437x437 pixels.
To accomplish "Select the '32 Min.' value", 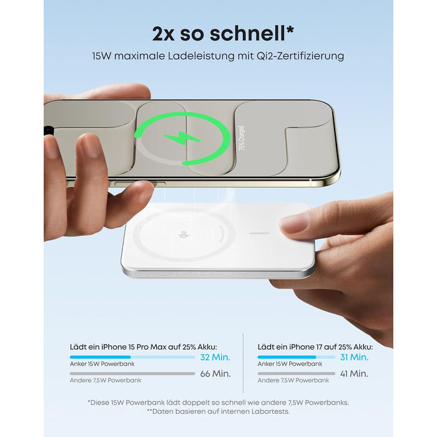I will [215, 357].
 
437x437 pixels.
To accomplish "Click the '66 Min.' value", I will [215, 374].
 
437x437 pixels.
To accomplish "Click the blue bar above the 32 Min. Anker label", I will [100, 357].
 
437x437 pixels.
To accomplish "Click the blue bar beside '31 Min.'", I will [287, 357].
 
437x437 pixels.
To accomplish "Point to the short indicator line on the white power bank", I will [258, 234].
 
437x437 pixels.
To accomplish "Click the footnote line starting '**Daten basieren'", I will [219, 411].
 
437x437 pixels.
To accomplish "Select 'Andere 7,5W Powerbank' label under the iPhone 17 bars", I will [293, 380].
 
